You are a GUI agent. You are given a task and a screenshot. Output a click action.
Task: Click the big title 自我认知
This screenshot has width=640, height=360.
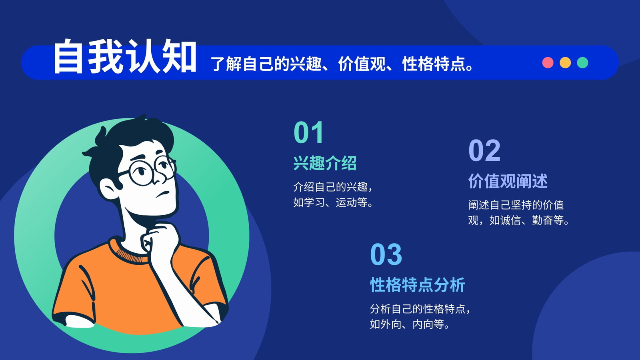125,56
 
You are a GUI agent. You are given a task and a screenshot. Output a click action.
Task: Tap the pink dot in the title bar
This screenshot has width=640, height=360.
548,62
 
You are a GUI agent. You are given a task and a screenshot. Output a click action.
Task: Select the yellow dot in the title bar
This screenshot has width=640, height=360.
565,62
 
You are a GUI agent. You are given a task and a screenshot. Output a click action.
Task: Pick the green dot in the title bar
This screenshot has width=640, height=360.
582,62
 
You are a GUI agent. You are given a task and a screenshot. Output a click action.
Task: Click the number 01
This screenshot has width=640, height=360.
308,132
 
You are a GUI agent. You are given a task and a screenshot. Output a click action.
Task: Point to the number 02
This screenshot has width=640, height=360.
484,150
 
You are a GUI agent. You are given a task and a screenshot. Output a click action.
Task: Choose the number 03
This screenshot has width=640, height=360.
386,254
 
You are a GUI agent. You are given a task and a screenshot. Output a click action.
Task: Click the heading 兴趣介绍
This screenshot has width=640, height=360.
325,163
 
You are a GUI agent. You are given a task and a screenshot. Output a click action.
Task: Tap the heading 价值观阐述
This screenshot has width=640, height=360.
508,181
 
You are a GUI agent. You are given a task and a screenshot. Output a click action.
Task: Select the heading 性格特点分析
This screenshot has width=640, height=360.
418,285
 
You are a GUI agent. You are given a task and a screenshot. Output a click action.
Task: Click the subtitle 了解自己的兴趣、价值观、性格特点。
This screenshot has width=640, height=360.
342,64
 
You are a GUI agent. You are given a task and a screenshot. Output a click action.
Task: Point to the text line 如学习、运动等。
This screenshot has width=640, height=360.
333,202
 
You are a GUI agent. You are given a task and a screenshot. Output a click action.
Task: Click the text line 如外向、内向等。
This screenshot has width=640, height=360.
410,324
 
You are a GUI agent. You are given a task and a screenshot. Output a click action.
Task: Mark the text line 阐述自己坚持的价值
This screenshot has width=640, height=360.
516,205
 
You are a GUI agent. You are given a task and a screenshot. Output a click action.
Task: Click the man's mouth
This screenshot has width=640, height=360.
162,194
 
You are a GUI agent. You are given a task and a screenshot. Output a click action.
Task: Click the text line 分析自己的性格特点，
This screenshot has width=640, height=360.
420,309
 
